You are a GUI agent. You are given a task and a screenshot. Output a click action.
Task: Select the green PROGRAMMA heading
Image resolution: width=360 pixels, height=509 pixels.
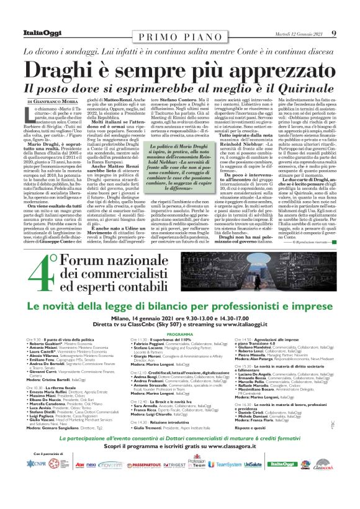pos(180,334)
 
